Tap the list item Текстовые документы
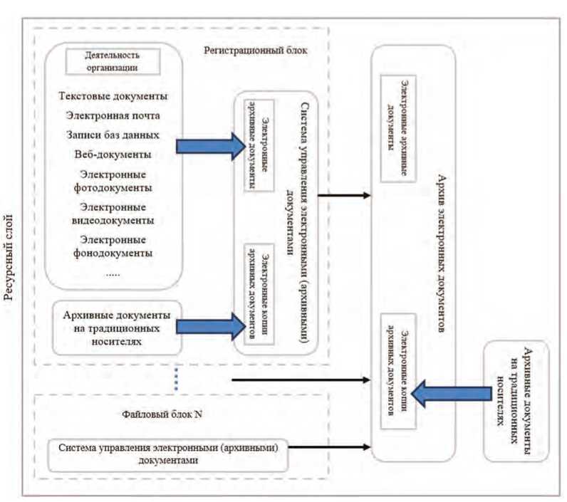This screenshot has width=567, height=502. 114,97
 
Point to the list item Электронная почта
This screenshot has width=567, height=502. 114,115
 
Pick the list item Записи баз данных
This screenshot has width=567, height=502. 114,134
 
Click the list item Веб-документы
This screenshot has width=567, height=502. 114,153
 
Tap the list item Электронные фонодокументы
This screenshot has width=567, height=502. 114,246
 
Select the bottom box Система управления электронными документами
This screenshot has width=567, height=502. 168,454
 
